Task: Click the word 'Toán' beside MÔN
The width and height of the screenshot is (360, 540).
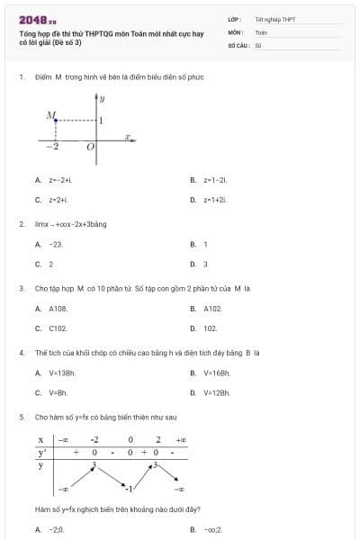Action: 262,31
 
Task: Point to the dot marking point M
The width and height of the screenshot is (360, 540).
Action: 55,119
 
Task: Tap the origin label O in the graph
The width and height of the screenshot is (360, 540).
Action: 90,148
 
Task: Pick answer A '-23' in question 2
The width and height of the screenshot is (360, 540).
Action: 55,244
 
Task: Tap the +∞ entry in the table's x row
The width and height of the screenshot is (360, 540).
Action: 180,439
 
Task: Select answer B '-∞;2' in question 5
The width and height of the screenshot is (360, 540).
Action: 212,530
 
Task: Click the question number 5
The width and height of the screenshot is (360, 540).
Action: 21,418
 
